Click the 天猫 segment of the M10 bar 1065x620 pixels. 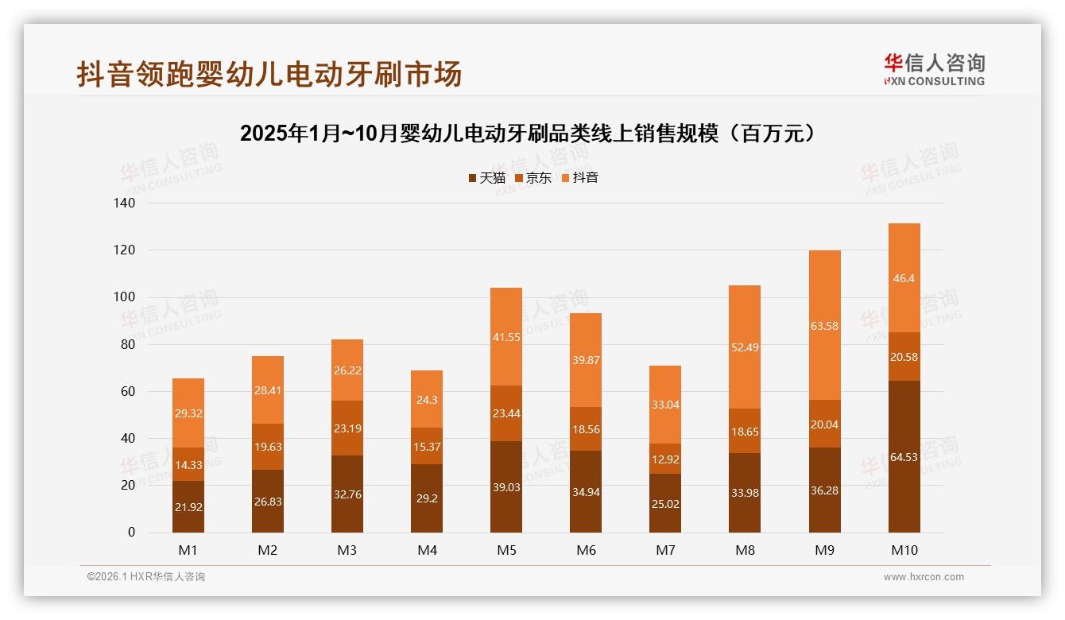904,456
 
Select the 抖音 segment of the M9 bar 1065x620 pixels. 824,325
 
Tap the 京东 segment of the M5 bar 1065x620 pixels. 506,413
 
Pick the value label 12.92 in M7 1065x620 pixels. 665,459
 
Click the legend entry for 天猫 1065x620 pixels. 486,178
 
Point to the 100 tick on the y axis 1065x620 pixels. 126,297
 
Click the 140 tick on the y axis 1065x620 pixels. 126,203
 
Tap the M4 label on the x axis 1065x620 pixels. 427,550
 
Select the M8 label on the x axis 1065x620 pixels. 745,550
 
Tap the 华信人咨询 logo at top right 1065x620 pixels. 934,69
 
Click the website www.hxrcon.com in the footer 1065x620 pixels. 923,577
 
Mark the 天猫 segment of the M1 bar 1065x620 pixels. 188,506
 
